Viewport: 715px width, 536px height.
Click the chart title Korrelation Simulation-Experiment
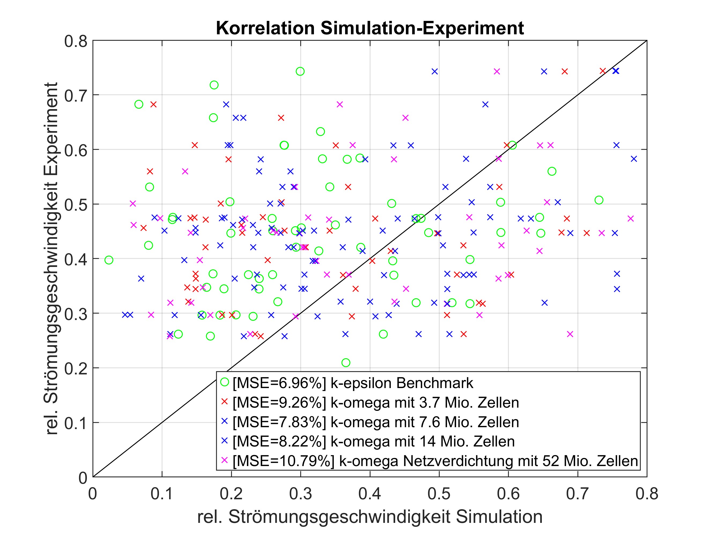[369, 28]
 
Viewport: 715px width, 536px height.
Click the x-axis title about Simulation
[369, 517]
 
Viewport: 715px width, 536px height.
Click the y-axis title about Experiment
[51, 258]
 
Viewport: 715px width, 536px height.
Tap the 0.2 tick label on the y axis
[76, 368]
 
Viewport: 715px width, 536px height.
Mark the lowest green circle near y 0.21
[346, 363]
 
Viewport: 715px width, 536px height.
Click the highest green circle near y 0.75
[300, 71]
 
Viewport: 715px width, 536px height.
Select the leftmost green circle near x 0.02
[109, 260]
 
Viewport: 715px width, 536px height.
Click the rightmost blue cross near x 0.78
[634, 159]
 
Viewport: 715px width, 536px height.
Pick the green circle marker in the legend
[224, 382]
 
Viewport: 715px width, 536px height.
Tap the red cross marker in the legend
[224, 401]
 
